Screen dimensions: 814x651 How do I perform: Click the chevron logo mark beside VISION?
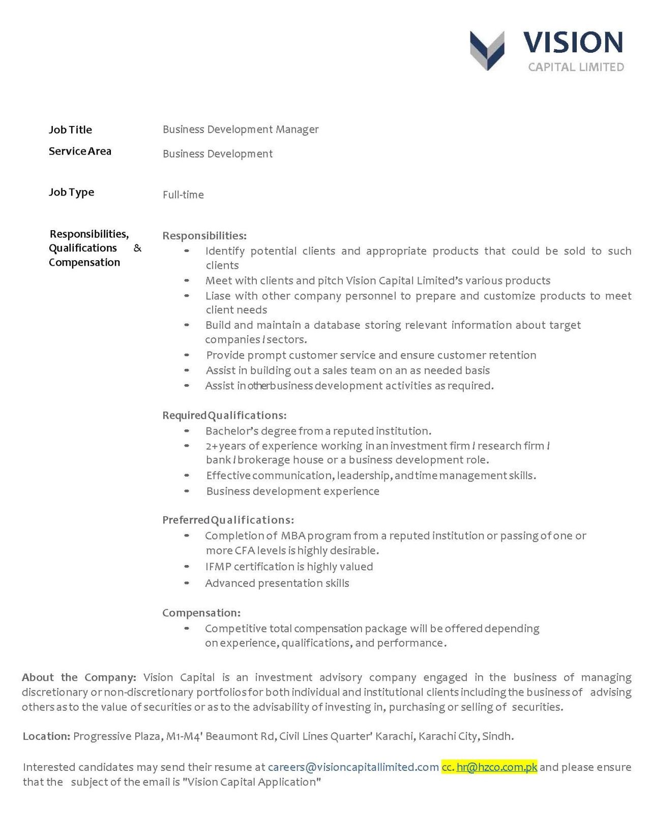click(487, 50)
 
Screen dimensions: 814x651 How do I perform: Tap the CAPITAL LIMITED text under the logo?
click(576, 67)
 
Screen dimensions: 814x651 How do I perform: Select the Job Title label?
click(70, 130)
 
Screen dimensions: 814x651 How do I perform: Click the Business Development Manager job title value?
click(241, 130)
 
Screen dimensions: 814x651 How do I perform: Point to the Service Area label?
click(80, 151)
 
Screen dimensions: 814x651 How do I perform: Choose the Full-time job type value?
click(183, 195)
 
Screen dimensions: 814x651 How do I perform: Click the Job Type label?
click(71, 192)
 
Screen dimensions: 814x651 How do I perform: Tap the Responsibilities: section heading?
click(204, 236)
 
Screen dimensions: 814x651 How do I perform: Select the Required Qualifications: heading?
click(224, 415)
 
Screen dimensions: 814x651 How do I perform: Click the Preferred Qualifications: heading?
click(228, 520)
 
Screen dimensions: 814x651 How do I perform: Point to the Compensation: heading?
click(201, 613)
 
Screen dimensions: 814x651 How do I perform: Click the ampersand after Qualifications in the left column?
click(137, 248)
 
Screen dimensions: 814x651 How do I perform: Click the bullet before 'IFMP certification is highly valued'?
click(187, 567)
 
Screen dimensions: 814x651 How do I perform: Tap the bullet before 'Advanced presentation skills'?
click(187, 583)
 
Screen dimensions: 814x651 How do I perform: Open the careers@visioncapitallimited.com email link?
click(353, 767)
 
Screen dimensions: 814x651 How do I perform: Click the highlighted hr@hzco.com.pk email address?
click(497, 767)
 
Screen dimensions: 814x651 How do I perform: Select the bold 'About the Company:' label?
click(79, 677)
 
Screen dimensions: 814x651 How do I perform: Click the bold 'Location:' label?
click(46, 736)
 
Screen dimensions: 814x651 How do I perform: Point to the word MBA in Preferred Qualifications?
click(293, 536)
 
